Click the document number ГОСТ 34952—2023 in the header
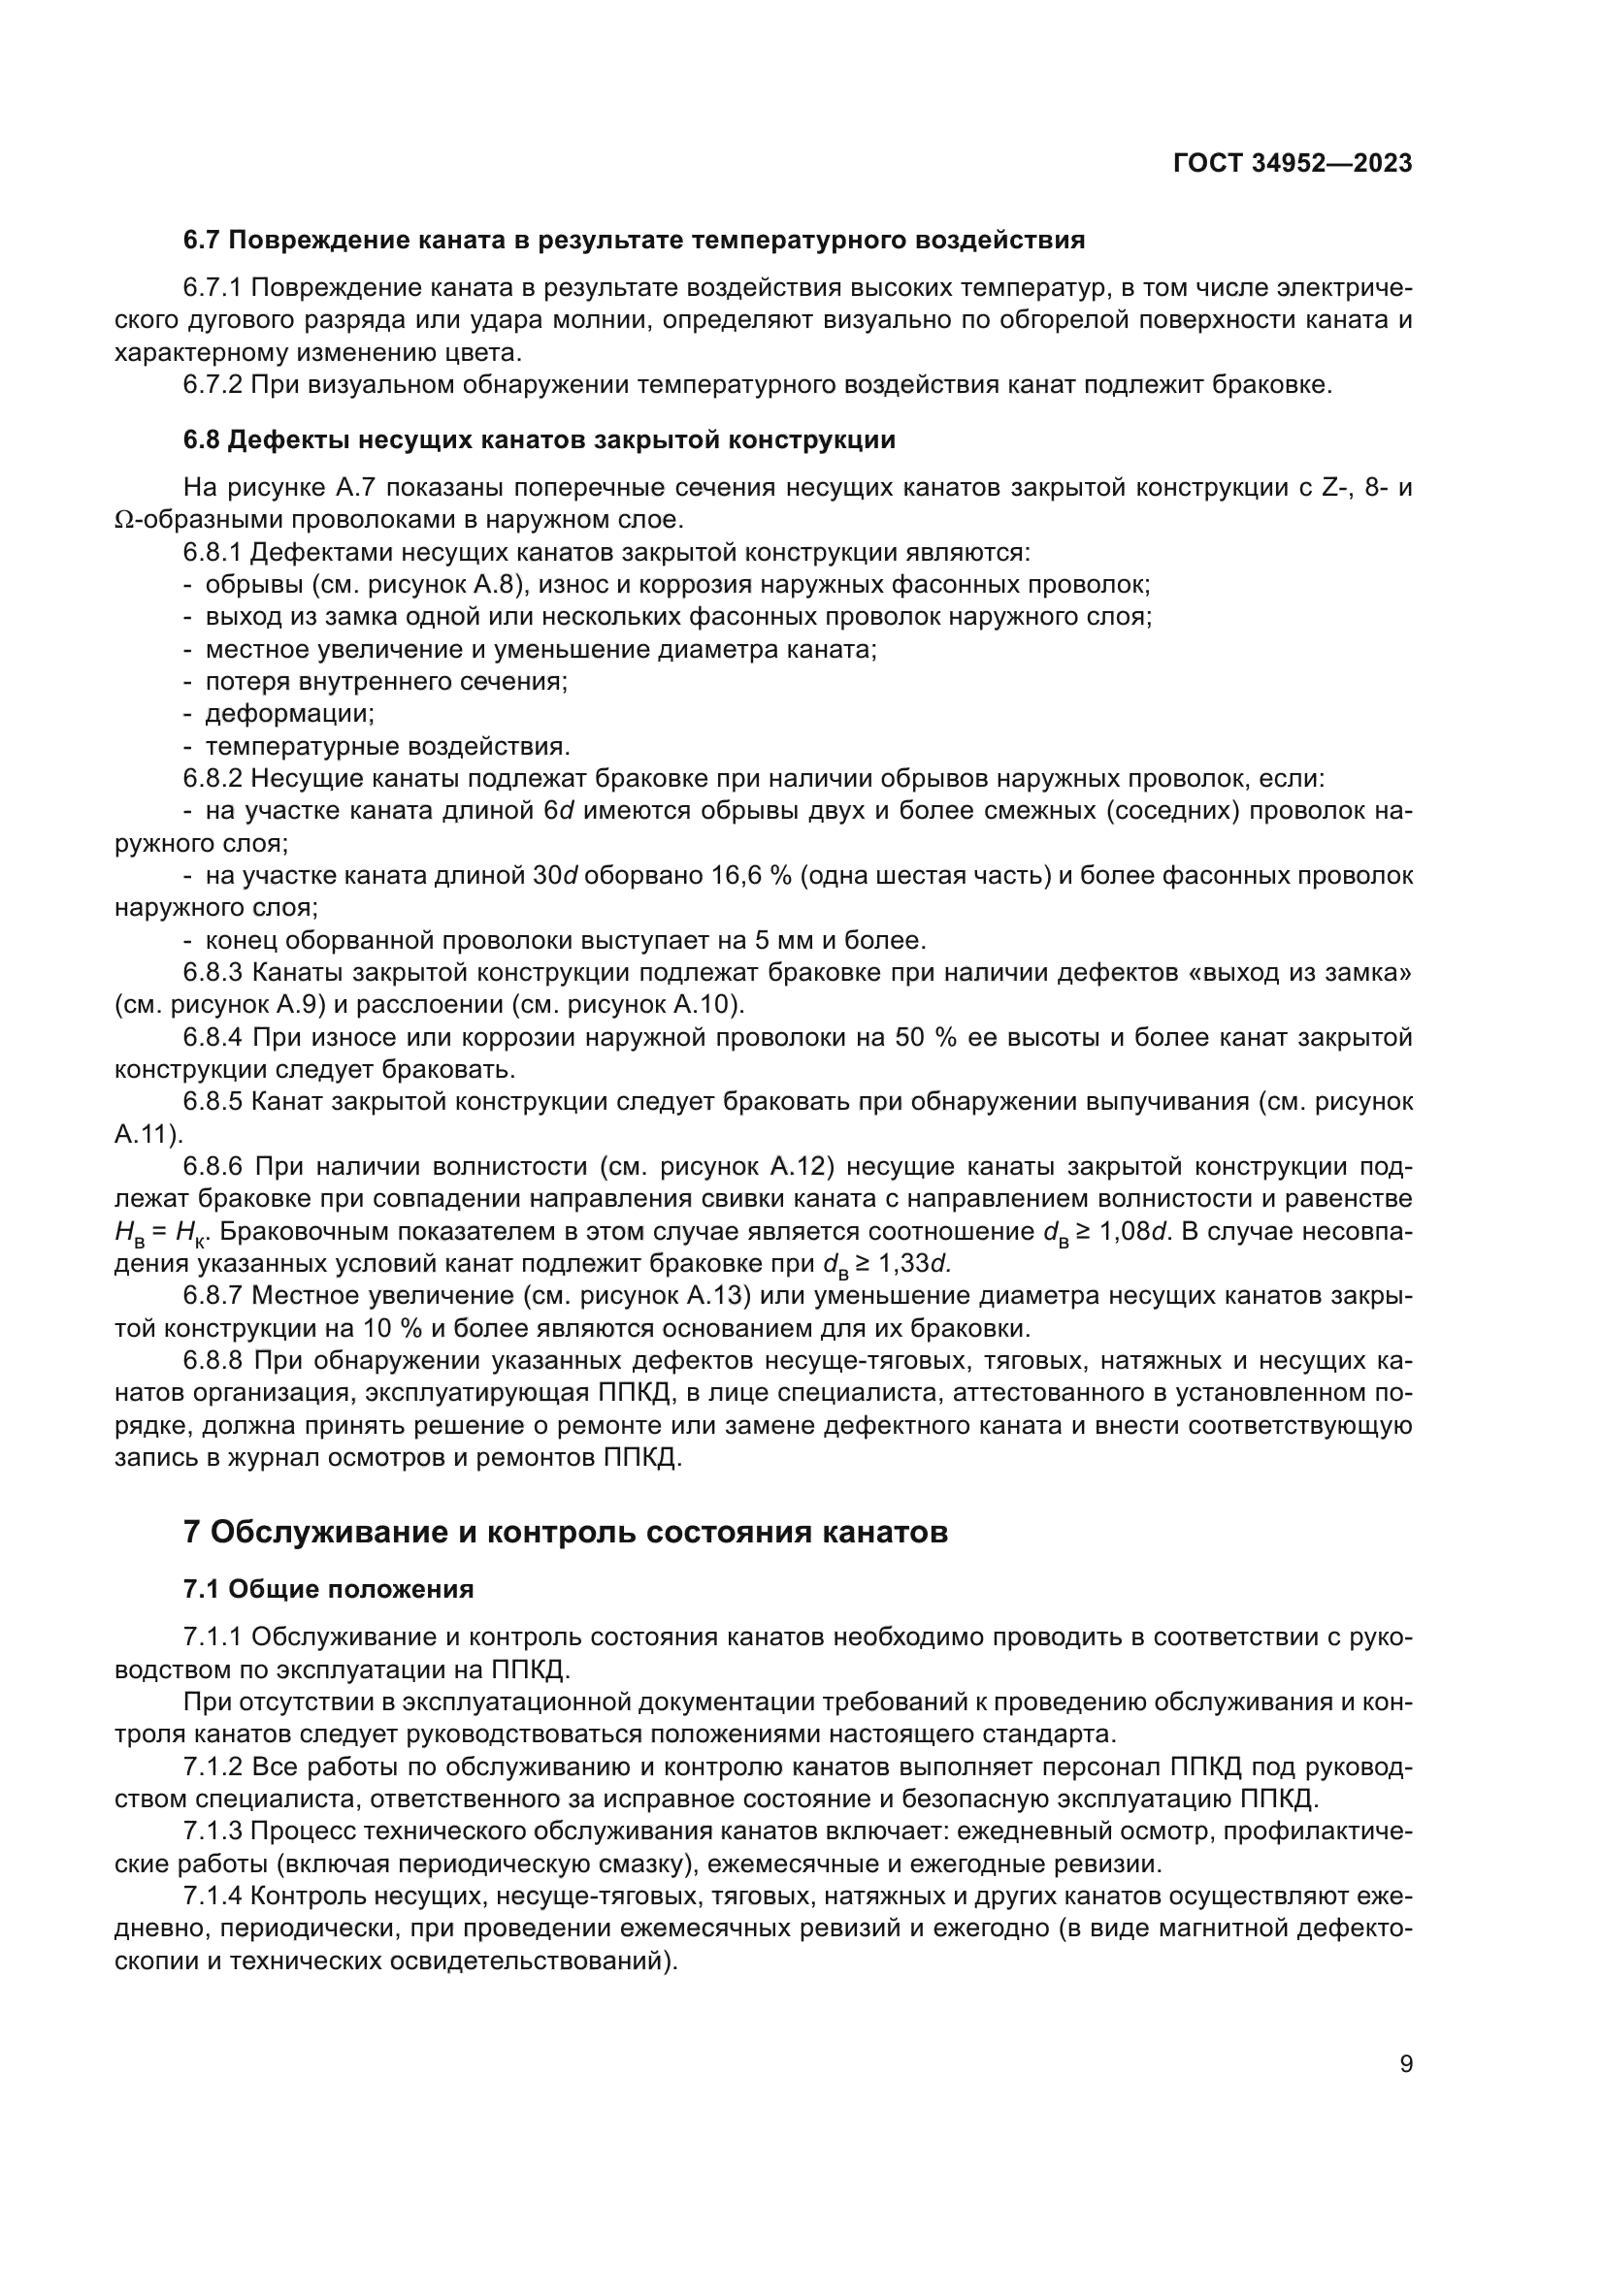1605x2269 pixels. (x=1292, y=164)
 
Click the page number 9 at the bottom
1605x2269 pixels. (x=1405, y=2064)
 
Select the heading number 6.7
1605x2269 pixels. (x=203, y=241)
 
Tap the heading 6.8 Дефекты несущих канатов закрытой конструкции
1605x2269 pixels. (x=539, y=440)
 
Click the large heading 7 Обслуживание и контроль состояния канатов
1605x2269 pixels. (x=566, y=1532)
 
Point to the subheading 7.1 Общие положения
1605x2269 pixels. (x=328, y=1589)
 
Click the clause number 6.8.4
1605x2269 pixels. (x=213, y=1038)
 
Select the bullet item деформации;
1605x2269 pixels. (x=289, y=714)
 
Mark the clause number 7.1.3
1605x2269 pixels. (x=213, y=1831)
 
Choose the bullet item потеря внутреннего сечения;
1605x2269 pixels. (x=386, y=681)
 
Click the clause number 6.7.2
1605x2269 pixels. (x=213, y=385)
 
